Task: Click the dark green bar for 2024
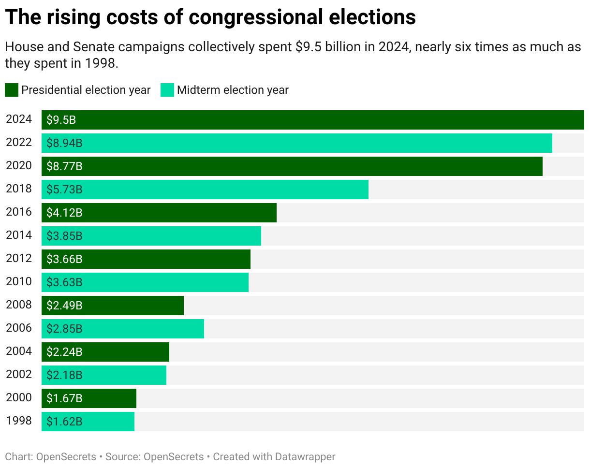pyautogui.click(x=312, y=120)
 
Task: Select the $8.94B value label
pyautogui.click(x=64, y=143)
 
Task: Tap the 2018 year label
pyautogui.click(x=19, y=189)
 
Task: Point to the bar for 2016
pyautogui.click(x=159, y=213)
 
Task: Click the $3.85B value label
pyautogui.click(x=64, y=236)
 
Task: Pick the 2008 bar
pyautogui.click(x=113, y=306)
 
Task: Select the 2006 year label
pyautogui.click(x=19, y=328)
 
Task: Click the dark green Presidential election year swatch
pyautogui.click(x=12, y=90)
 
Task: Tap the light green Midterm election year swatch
pyautogui.click(x=167, y=90)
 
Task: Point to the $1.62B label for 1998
pyautogui.click(x=64, y=422)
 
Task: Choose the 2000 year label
pyautogui.click(x=19, y=398)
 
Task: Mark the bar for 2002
pyautogui.click(x=104, y=375)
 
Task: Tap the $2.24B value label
pyautogui.click(x=64, y=352)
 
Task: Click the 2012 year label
pyautogui.click(x=19, y=259)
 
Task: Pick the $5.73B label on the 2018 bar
pyautogui.click(x=64, y=190)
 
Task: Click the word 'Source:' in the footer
pyautogui.click(x=123, y=456)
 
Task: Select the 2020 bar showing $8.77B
pyautogui.click(x=292, y=166)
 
